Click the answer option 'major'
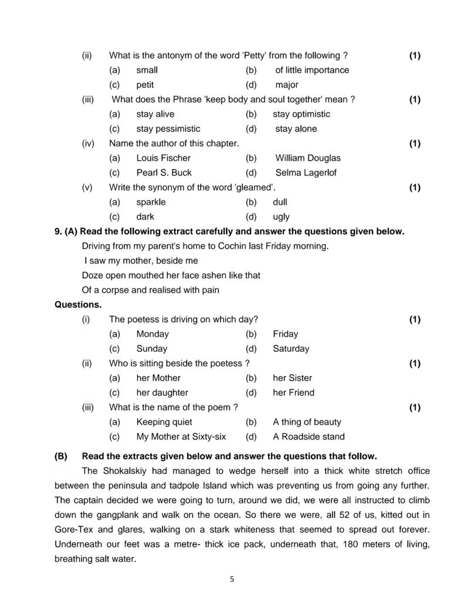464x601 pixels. pos(286,85)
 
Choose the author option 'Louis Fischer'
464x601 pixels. pos(163,158)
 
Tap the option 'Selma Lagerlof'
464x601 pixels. pos(306,173)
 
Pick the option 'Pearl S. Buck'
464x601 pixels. pos(164,173)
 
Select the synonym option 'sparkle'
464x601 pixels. pos(151,202)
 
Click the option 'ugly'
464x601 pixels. pos(282,217)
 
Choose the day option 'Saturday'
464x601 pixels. pos(291,349)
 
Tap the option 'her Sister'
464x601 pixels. pos(292,378)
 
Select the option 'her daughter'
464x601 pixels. pos(162,393)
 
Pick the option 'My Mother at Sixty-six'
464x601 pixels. pos(181,437)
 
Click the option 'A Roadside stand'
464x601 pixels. pos(309,437)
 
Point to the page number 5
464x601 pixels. pos(232,579)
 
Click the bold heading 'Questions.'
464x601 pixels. pos(78,305)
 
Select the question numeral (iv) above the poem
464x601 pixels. pos(88,143)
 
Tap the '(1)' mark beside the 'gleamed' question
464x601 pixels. pos(415,187)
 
